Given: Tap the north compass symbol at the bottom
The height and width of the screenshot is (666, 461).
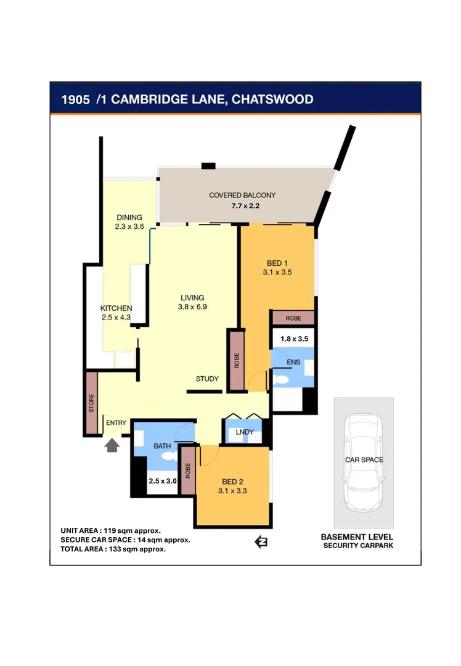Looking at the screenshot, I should click(261, 542).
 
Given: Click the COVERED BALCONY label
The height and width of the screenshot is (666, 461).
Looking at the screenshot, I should click(242, 195).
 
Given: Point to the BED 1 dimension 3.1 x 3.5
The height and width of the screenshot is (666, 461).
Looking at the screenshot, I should click(278, 271).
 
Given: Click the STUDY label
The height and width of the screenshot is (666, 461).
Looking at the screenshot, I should click(207, 379).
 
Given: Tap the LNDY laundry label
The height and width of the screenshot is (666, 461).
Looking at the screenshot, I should click(245, 432).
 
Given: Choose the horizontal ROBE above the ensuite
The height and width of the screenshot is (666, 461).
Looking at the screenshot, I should click(293, 318).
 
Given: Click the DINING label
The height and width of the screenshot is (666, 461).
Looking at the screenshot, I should click(129, 217).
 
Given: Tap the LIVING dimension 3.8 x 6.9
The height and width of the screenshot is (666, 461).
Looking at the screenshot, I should click(192, 306).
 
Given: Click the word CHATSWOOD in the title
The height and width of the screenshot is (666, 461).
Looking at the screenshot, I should click(271, 99).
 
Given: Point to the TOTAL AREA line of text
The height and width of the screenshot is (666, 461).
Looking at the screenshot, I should click(113, 549).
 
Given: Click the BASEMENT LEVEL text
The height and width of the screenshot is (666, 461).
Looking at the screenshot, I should click(357, 537).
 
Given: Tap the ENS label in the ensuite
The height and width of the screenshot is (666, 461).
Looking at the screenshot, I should click(293, 362).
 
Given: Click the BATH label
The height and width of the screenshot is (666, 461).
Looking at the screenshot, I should click(161, 445).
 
